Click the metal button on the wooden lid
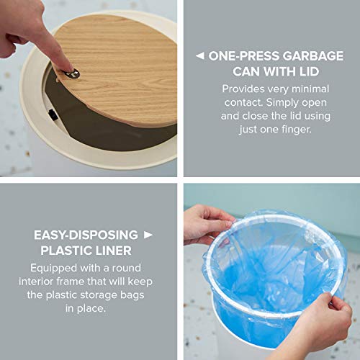click(73, 73)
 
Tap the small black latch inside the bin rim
click(53, 114)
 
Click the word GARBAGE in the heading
click(312, 56)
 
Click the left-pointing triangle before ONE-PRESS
click(199, 56)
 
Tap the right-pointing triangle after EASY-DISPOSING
click(148, 235)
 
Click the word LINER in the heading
click(113, 251)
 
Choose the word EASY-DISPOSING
click(86, 235)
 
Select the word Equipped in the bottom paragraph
click(53, 269)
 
